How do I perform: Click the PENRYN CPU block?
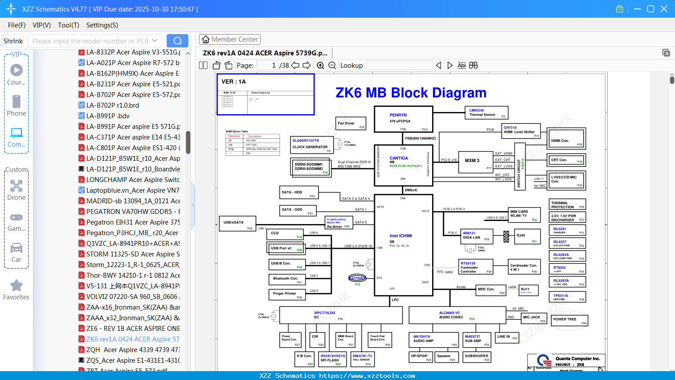[x=403, y=119]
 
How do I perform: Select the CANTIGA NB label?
[x=398, y=158]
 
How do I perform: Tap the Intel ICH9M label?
[x=400, y=236]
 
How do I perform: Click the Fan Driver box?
[x=351, y=123]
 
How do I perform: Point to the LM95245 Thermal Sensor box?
[x=486, y=113]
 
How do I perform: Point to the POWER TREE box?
[x=570, y=320]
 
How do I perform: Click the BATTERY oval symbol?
[x=357, y=278]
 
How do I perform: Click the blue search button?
[x=177, y=41]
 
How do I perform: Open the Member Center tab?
[x=230, y=39]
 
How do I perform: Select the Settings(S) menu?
[x=102, y=25]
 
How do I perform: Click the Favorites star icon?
[x=16, y=286]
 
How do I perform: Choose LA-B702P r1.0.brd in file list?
[x=113, y=105]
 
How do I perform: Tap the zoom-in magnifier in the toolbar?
[x=320, y=66]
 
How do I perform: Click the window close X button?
[x=664, y=9]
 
